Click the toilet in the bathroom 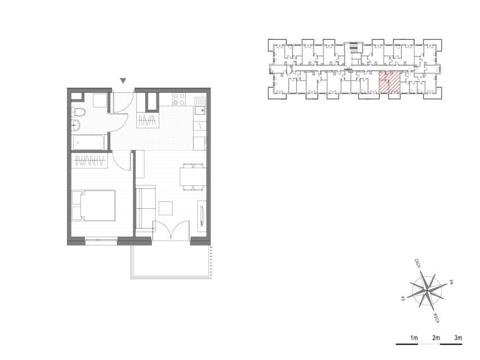point(78,112)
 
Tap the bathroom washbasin point(75,125)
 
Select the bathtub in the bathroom point(89,143)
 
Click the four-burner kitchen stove point(179,99)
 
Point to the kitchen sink point(200,106)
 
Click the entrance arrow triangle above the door point(123,81)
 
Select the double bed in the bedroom point(93,205)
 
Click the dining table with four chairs point(193,177)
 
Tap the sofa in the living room point(145,208)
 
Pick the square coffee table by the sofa point(165,209)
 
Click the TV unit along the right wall point(201,216)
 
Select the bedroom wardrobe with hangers point(89,160)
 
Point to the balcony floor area point(171,260)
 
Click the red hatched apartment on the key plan point(390,82)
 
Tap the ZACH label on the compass point(417,264)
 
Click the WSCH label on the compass point(437,318)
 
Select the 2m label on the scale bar point(436,338)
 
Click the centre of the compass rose point(427,290)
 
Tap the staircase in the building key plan point(353,46)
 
